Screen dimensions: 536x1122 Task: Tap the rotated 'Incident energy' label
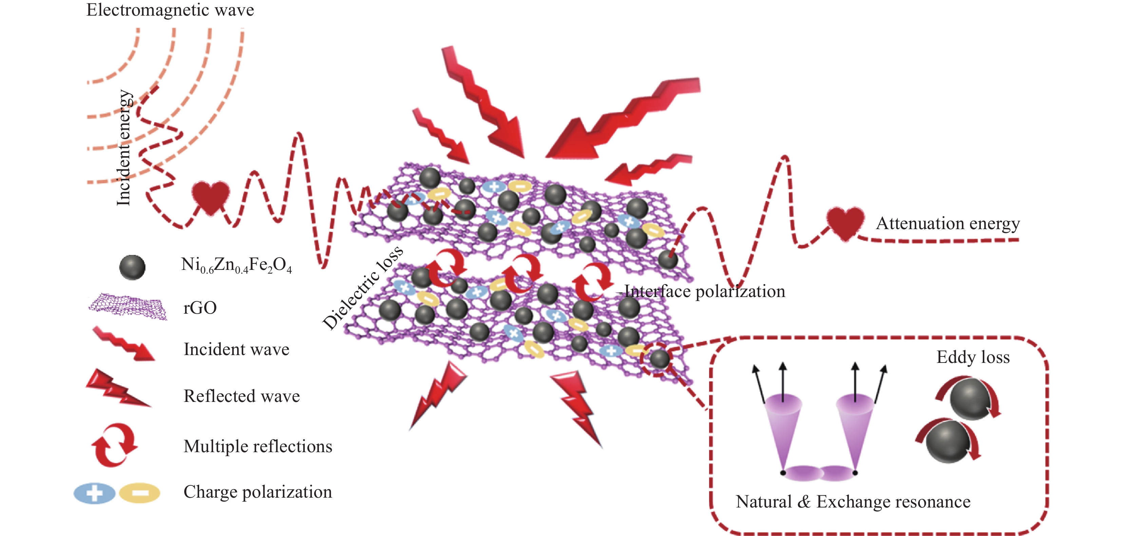[x=124, y=148]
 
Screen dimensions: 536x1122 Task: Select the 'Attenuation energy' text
[x=948, y=224]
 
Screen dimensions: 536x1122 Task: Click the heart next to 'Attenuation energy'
[x=845, y=223]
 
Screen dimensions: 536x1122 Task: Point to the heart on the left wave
[x=211, y=197]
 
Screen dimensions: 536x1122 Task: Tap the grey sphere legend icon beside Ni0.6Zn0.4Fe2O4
[x=132, y=267]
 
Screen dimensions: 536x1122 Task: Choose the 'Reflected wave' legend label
[x=242, y=396]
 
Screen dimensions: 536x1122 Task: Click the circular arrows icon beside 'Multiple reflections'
[x=114, y=445]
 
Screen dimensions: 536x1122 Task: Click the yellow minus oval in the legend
[x=140, y=493]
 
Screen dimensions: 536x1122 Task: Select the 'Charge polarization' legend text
[x=258, y=492]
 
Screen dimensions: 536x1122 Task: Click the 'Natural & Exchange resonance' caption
[x=853, y=502]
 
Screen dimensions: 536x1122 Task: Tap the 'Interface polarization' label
[x=705, y=292]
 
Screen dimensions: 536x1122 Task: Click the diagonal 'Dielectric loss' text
[x=362, y=287]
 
